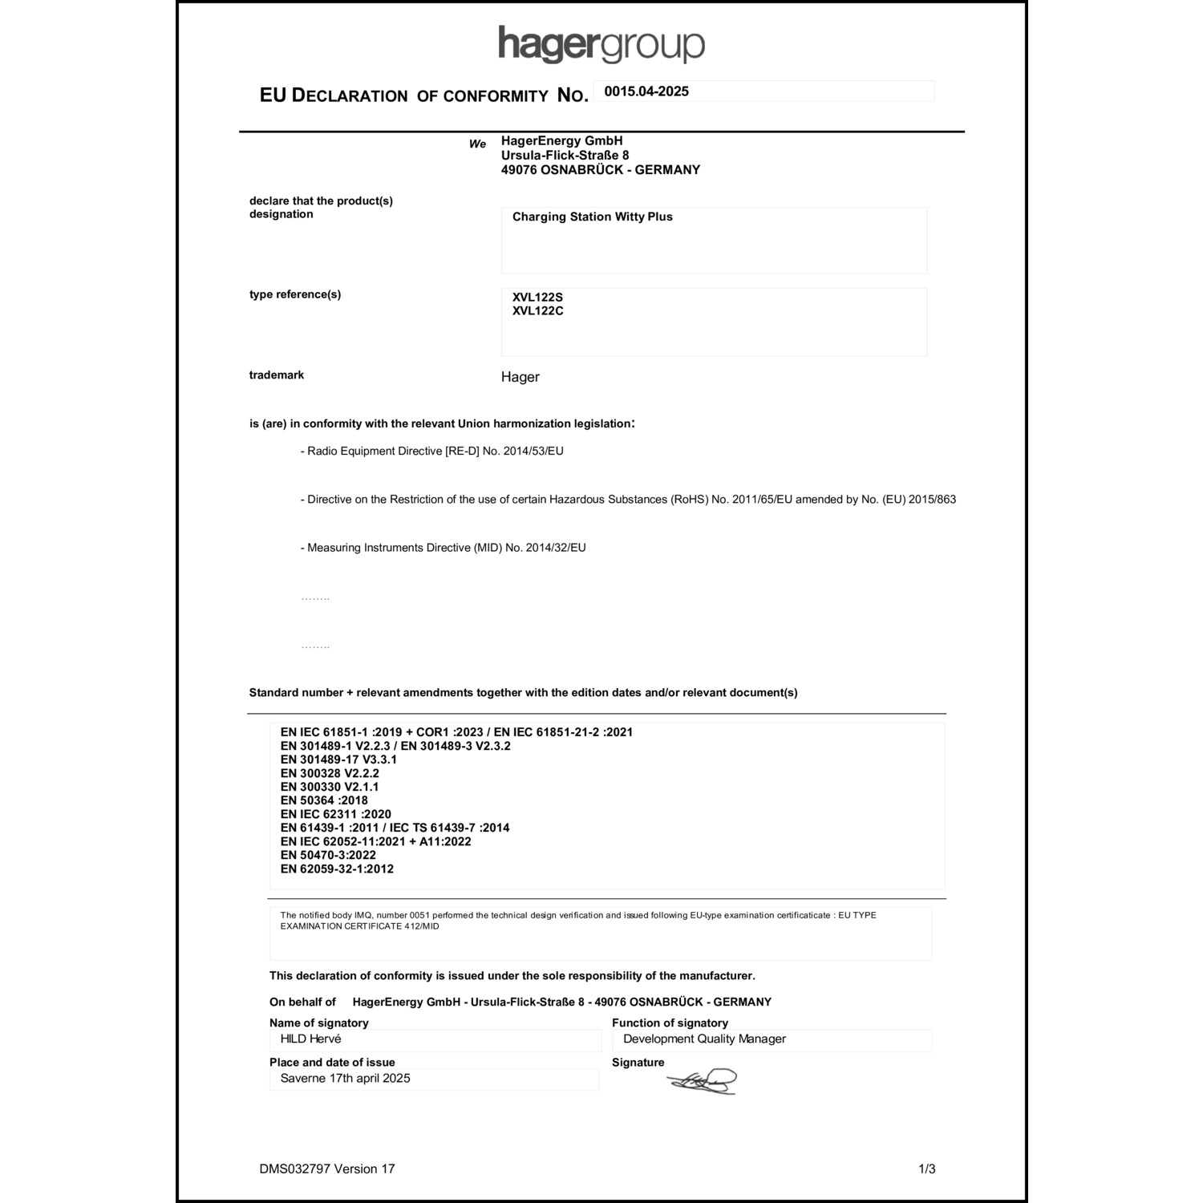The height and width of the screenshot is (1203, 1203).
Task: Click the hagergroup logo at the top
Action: (601, 44)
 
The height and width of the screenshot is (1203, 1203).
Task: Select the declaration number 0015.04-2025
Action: (646, 91)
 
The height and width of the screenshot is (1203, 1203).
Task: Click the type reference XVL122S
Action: (537, 298)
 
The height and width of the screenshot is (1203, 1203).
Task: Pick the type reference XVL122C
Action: (537, 311)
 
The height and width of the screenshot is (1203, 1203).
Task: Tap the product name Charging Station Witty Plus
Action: (592, 217)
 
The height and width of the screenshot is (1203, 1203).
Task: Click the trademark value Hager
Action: (520, 377)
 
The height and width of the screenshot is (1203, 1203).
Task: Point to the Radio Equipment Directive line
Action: (435, 452)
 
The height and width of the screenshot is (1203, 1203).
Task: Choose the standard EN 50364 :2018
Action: (324, 800)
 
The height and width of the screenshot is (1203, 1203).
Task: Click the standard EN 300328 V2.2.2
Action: (330, 773)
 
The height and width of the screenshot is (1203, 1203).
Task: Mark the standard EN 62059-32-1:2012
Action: (337, 869)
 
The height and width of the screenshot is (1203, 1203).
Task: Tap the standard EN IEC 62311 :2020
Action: (335, 814)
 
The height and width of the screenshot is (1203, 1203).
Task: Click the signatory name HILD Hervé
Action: (310, 1039)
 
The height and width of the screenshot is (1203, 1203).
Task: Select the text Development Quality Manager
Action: (704, 1039)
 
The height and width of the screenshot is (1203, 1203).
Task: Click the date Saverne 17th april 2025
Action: (345, 1079)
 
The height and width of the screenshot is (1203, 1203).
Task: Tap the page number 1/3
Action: (926, 1169)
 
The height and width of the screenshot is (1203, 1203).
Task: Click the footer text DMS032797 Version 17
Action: (327, 1169)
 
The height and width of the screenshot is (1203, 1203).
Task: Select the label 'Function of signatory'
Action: (670, 1023)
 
